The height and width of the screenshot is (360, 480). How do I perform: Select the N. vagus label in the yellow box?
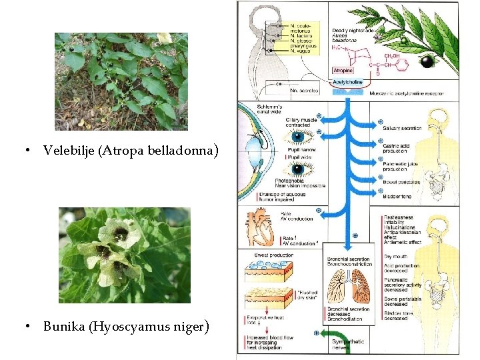[301, 51]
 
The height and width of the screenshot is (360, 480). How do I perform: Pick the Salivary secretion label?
[402, 128]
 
